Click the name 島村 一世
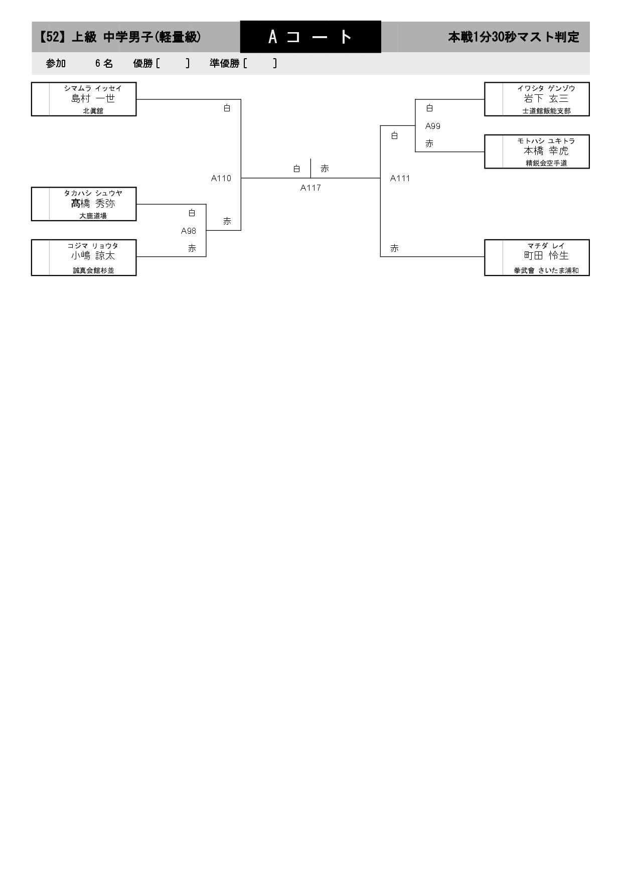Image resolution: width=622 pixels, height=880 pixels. coord(93,99)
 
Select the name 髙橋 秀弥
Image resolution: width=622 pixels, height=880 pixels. coord(93,204)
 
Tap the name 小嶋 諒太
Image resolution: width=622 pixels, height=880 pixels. coord(93,256)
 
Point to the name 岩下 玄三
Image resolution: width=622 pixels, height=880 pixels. coord(546,99)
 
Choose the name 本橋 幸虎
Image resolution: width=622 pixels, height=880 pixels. coord(546,151)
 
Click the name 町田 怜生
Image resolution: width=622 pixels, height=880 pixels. coord(546,256)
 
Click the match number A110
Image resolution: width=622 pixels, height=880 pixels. coord(221,178)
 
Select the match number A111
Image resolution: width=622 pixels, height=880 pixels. coord(400,178)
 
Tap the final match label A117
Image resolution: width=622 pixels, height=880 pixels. coord(310,188)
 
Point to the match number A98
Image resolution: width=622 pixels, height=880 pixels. coord(189,231)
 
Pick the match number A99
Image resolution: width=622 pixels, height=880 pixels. coord(433,126)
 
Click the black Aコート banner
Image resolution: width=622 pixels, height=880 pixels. coord(310,37)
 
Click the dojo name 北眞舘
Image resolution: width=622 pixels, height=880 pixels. coord(93,111)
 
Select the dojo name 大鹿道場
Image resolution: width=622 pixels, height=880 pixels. coord(93,216)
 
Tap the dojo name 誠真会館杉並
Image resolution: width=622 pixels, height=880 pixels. coord(93,270)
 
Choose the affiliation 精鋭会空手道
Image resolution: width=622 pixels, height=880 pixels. coord(546,163)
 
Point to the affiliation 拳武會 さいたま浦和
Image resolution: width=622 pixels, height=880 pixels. coord(546,270)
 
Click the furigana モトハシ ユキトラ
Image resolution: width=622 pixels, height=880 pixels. coord(546,141)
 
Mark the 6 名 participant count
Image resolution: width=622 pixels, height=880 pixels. coord(104,63)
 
